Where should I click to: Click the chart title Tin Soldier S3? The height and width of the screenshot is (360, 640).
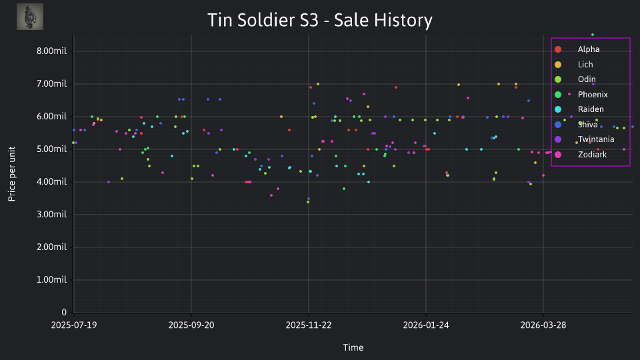263,20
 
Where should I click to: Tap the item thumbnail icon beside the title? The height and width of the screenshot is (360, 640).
30,17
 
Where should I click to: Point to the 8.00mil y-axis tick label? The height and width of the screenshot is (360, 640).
51,51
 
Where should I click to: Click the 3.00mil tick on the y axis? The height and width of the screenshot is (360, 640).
51,214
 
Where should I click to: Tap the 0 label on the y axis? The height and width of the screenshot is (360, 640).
64,312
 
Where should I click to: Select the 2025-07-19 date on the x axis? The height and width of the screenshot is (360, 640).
74,325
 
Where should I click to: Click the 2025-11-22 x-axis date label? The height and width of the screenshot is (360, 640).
309,325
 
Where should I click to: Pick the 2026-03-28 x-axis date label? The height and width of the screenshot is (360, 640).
543,325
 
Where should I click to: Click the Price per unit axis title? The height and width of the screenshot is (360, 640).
11,174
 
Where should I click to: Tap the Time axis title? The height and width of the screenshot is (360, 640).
353,347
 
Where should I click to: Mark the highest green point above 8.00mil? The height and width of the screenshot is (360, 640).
593,35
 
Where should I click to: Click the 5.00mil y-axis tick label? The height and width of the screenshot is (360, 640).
51,149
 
